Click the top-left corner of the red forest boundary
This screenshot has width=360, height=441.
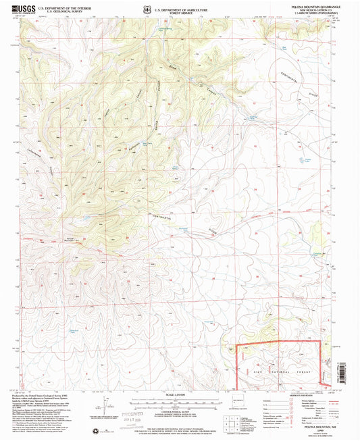click(x=235, y=346)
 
